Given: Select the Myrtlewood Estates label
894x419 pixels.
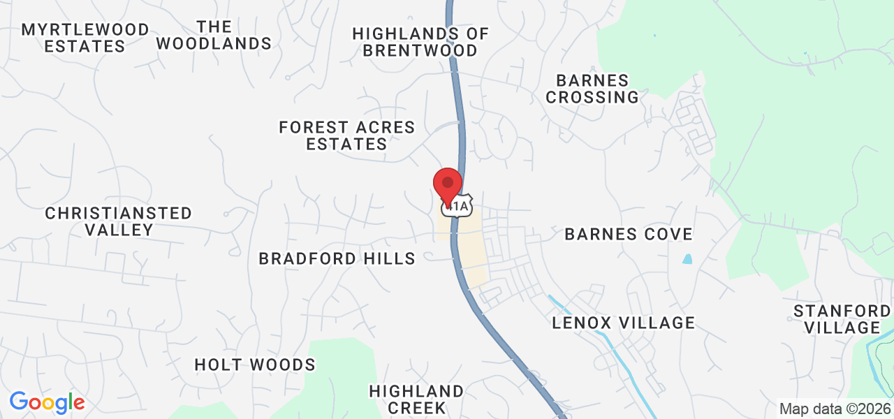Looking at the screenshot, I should click(85, 38).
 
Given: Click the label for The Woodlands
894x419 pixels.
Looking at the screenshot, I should click(214, 36).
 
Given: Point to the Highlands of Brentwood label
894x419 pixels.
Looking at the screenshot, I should click(420, 42).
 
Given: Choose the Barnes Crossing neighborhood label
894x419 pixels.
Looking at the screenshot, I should click(592, 89).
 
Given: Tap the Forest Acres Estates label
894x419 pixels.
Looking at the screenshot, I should click(347, 136).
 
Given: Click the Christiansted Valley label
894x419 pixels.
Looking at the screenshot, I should click(118, 221).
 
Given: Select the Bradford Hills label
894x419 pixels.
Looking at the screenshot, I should click(337, 258).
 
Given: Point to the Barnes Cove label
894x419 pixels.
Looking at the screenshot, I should click(629, 234).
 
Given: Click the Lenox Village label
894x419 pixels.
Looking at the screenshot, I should click(624, 323).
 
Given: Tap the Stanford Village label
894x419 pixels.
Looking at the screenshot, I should click(842, 319).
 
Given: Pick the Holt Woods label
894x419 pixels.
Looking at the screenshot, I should click(255, 365).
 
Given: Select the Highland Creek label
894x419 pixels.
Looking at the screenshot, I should click(416, 399).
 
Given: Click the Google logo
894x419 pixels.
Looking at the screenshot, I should click(47, 402).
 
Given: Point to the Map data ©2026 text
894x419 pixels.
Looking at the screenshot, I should click(835, 409).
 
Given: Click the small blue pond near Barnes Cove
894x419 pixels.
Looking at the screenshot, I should click(687, 259).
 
